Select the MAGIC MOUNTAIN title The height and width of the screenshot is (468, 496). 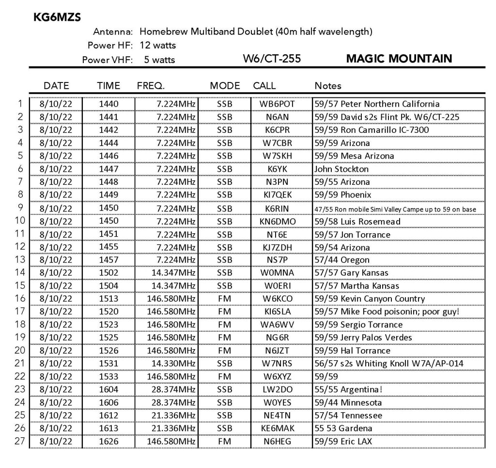point(399,59)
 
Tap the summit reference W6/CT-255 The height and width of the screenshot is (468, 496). point(272,59)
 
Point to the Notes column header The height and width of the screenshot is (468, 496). point(328,86)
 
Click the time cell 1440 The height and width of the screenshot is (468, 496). point(108,104)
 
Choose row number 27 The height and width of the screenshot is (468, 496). point(20,441)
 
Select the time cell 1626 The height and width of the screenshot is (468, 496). point(108,441)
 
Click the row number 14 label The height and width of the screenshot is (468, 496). point(20,273)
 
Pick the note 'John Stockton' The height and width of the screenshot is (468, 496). point(341,169)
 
